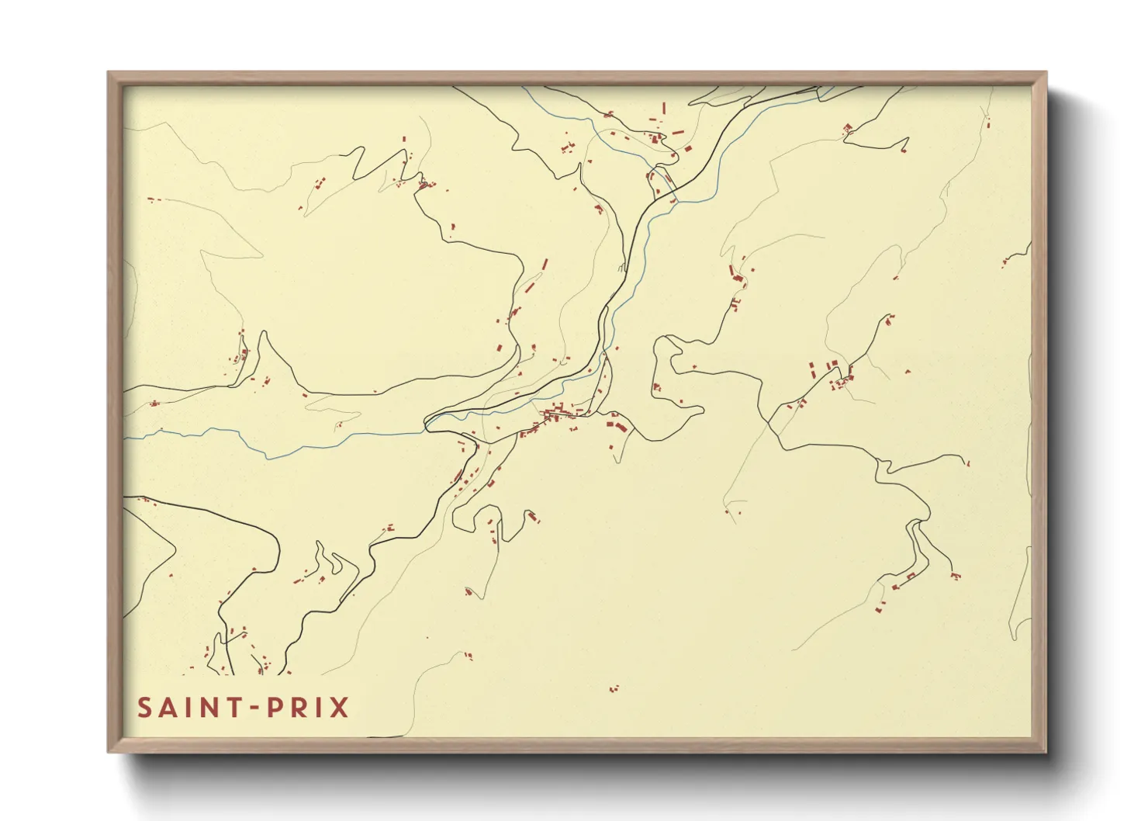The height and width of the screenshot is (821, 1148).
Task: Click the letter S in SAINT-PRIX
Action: click(x=145, y=708)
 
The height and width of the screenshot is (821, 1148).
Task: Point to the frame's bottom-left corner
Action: click(x=109, y=750)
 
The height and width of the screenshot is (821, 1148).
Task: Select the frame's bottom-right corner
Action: click(x=1045, y=750)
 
